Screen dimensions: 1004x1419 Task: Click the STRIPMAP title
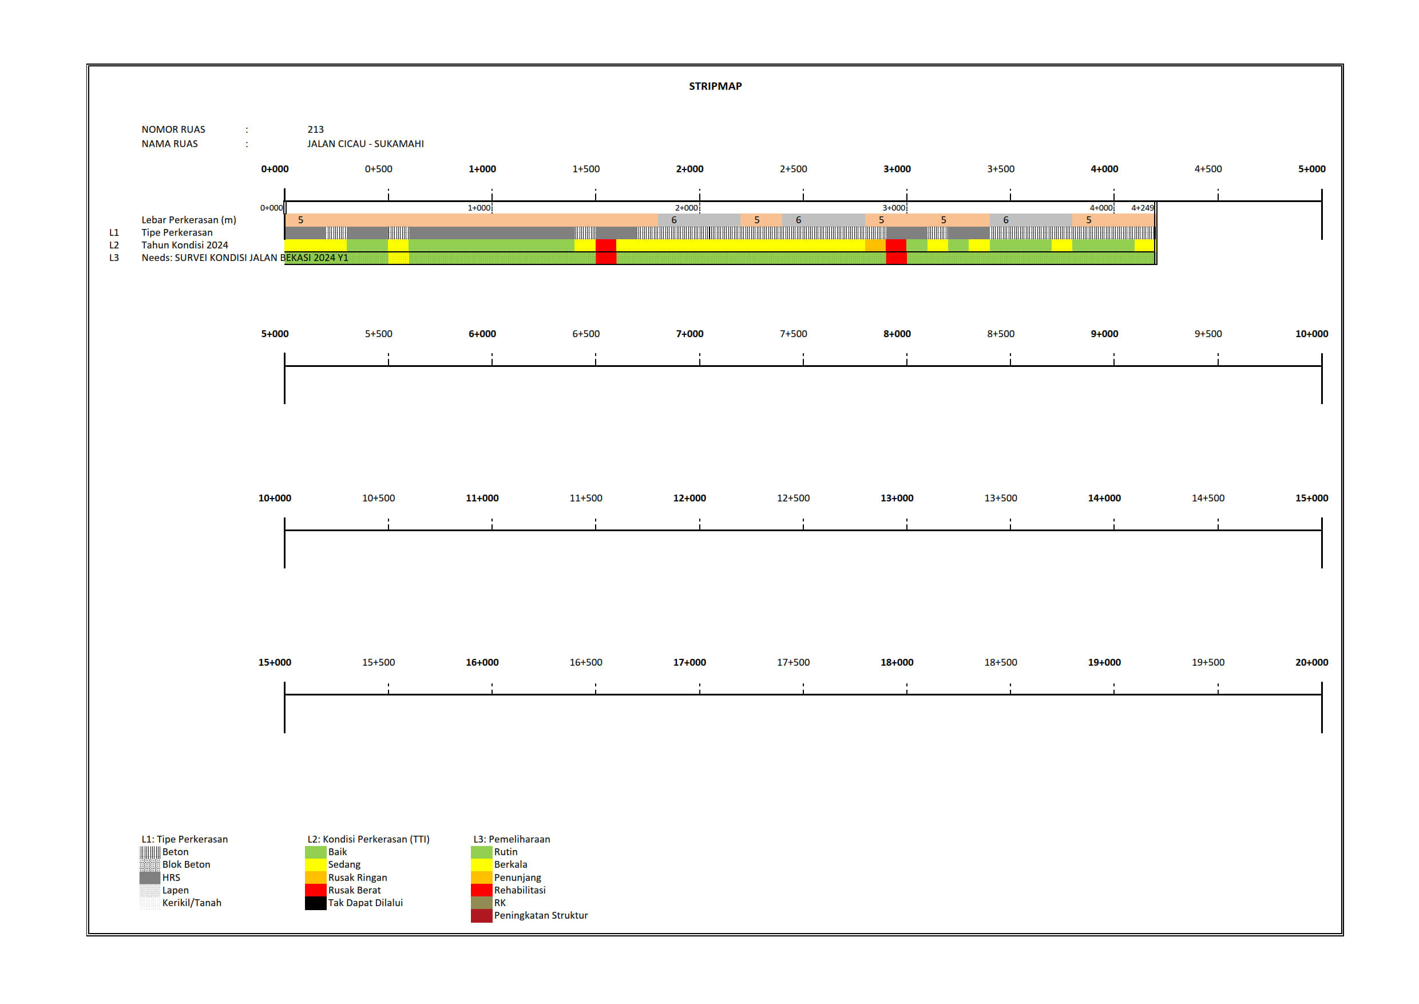tap(715, 86)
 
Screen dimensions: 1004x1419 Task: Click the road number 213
tap(315, 129)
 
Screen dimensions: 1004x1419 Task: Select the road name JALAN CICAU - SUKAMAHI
tap(365, 144)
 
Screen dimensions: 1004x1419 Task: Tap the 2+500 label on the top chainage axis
tap(793, 169)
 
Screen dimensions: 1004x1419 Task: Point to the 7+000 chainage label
tap(689, 334)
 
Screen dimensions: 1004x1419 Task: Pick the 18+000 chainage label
tap(897, 662)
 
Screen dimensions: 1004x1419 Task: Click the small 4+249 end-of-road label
tap(1142, 208)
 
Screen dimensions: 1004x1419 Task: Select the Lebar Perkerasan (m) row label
tap(188, 219)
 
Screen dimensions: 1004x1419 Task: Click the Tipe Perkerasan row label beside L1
tap(177, 232)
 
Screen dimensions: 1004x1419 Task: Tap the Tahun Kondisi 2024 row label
tap(184, 245)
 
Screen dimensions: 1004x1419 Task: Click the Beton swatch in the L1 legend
tap(149, 852)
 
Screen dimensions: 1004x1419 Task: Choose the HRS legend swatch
tap(149, 877)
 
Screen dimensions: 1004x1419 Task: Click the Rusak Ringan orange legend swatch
tap(315, 877)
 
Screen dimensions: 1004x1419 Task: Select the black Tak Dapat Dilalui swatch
tap(315, 903)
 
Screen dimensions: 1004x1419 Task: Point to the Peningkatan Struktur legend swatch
tap(481, 916)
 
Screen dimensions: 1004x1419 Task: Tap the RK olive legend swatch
tap(481, 903)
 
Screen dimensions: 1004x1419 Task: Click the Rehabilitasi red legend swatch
tap(481, 890)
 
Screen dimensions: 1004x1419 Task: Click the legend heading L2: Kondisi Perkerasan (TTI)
tap(368, 839)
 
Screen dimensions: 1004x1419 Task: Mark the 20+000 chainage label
tap(1311, 662)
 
